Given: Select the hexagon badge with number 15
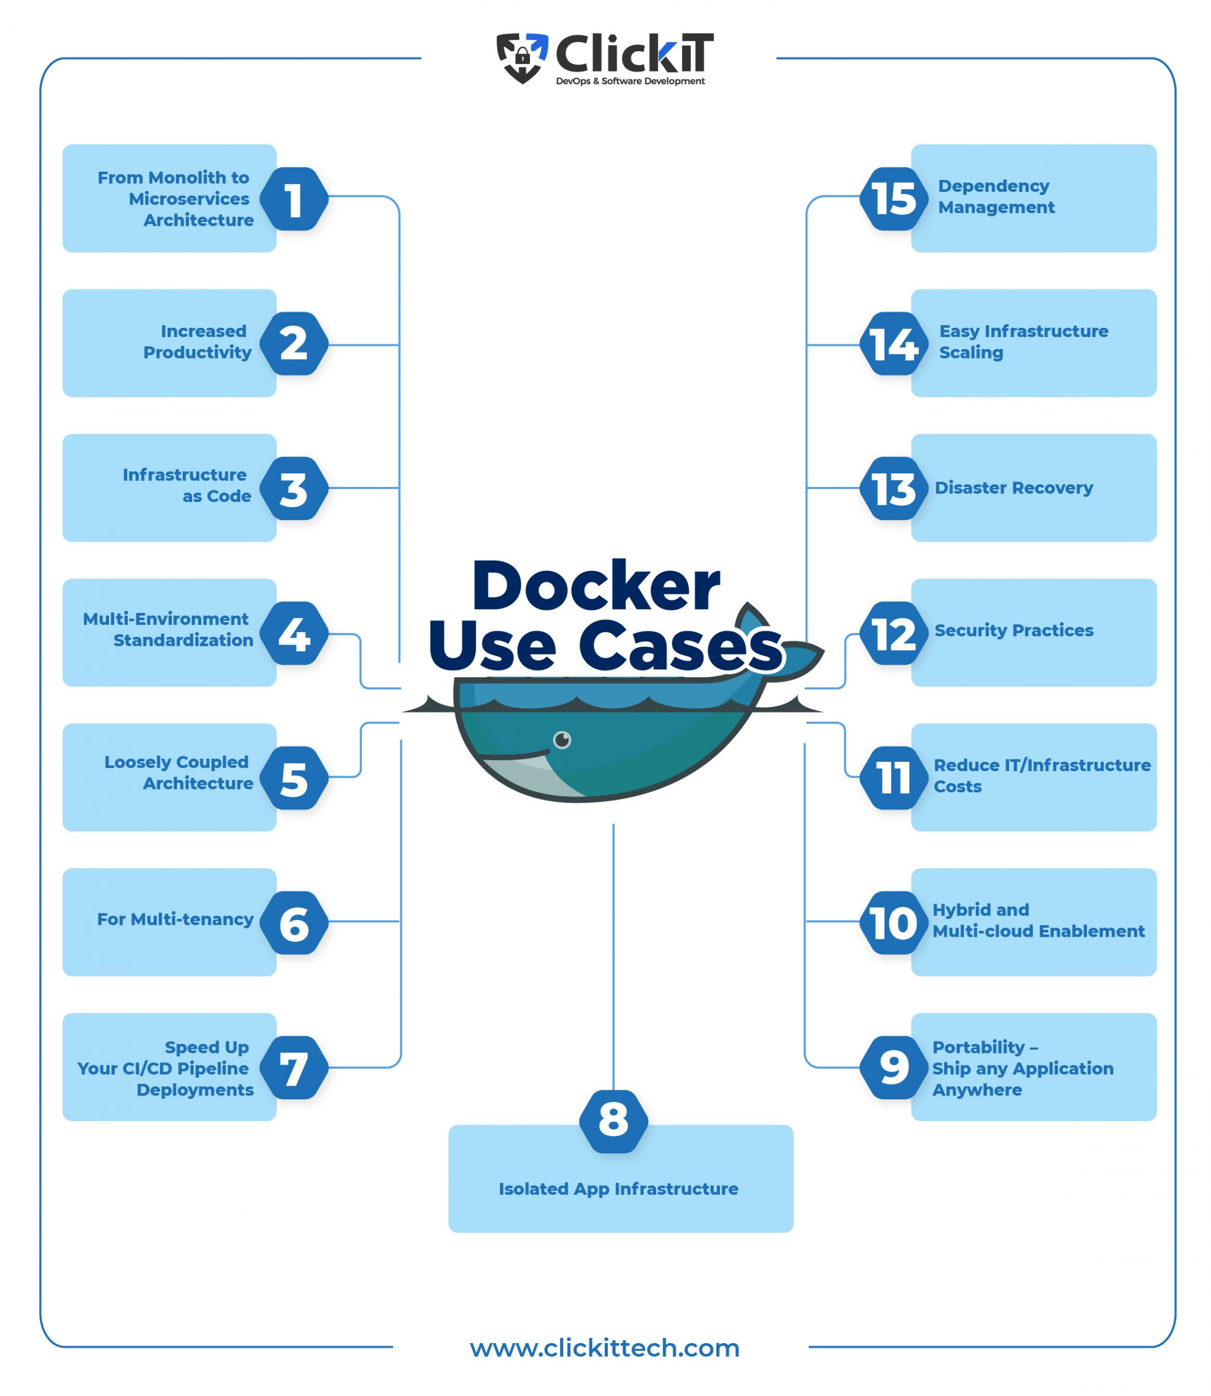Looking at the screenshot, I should coord(893,199).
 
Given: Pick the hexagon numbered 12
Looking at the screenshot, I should coord(893,634).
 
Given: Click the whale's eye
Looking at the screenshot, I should coord(562,740).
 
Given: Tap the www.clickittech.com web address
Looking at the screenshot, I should coord(605,1347).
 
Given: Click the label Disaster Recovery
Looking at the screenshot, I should coord(1013,488).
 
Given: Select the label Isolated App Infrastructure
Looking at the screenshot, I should coord(618,1189).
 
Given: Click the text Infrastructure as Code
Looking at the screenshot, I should coord(186,485).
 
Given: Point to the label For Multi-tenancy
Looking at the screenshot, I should coord(175,919).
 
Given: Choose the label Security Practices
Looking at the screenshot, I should coord(1013,630).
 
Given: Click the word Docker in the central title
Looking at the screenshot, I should coord(595,586).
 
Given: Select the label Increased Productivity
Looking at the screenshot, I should coord(198,342).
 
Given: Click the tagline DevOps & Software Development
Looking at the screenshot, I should coord(630,81).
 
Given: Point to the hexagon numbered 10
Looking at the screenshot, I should coord(893,923).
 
